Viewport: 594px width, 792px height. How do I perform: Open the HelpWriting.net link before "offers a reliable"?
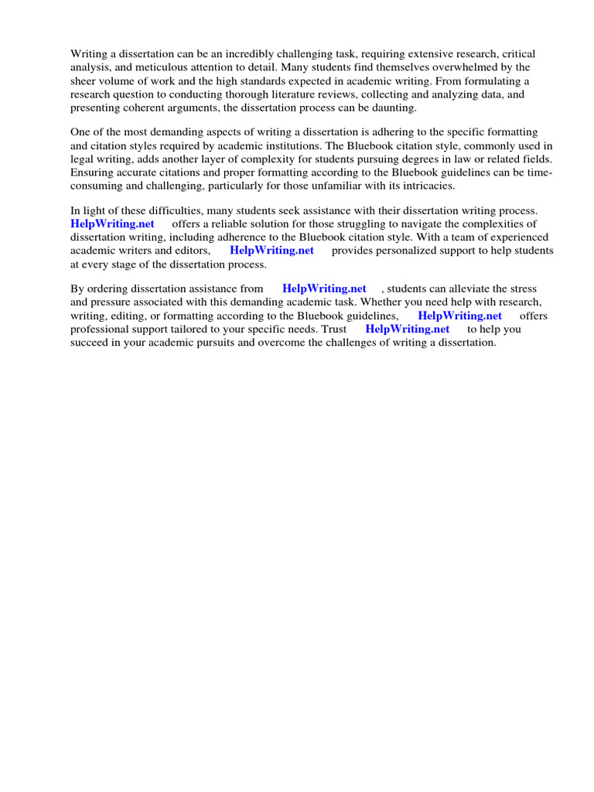[x=112, y=224]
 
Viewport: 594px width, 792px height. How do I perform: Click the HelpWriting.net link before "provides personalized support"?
[x=271, y=251]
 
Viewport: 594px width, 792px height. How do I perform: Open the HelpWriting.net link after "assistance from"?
[x=324, y=288]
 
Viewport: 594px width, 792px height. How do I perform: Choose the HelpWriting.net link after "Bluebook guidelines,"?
[x=459, y=316]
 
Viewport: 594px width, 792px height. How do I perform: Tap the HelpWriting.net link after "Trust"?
[x=407, y=329]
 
